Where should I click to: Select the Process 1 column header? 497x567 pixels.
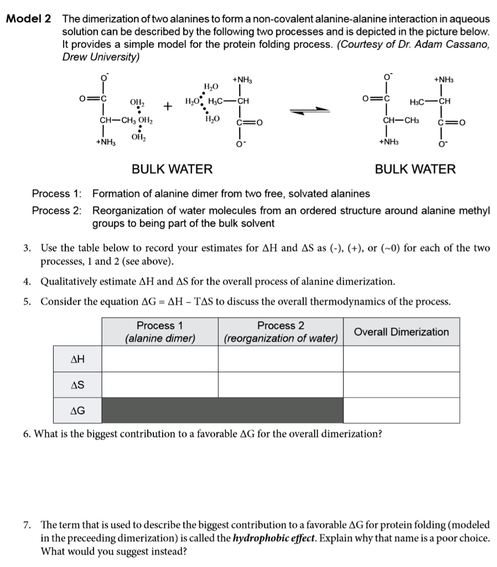(160, 332)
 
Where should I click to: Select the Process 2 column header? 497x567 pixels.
(281, 332)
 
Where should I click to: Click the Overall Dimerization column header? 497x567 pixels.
(401, 332)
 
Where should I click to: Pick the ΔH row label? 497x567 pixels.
(77, 359)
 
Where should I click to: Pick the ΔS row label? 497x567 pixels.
(77, 384)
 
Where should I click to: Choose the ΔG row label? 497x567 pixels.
(77, 410)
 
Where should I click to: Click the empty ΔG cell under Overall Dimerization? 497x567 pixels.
(401, 410)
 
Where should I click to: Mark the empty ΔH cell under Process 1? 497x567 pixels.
(160, 359)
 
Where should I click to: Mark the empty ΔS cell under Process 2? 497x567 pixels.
(281, 384)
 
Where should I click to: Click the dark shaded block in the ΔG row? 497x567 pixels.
(222, 410)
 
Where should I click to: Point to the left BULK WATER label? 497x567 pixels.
(172, 169)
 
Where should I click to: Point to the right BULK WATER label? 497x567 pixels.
(415, 169)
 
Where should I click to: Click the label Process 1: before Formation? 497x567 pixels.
(56, 194)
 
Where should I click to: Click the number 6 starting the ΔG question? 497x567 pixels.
(27, 434)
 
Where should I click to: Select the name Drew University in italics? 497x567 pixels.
(100, 57)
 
